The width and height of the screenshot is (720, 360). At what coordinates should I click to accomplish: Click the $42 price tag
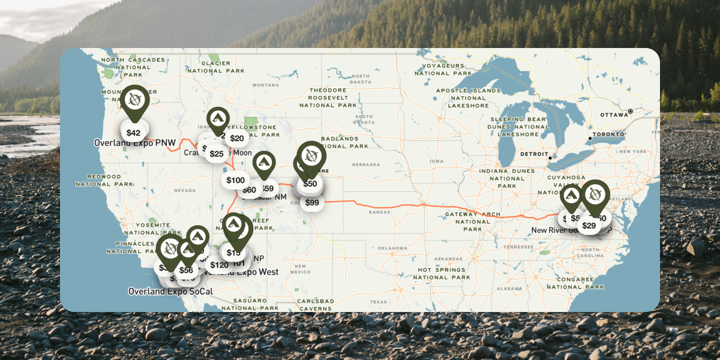tap(133, 133)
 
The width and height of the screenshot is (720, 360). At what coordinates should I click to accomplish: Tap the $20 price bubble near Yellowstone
tap(237, 139)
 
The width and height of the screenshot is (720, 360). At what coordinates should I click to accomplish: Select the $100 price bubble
tap(236, 180)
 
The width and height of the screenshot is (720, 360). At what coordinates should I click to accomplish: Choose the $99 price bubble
tap(312, 203)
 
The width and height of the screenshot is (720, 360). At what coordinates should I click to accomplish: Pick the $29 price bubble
tap(589, 226)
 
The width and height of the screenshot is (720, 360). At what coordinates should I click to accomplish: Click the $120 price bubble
tap(219, 265)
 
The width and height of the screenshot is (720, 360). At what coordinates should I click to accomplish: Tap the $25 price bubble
tap(217, 154)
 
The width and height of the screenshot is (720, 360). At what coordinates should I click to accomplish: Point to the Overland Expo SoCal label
tap(170, 292)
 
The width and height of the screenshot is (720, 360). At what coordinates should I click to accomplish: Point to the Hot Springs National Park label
tap(442, 274)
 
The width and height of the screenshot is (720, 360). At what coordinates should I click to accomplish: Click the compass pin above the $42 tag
tap(134, 100)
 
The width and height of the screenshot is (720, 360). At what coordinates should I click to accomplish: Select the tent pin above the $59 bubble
tap(263, 163)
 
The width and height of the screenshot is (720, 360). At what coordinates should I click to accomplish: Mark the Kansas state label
tap(379, 212)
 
